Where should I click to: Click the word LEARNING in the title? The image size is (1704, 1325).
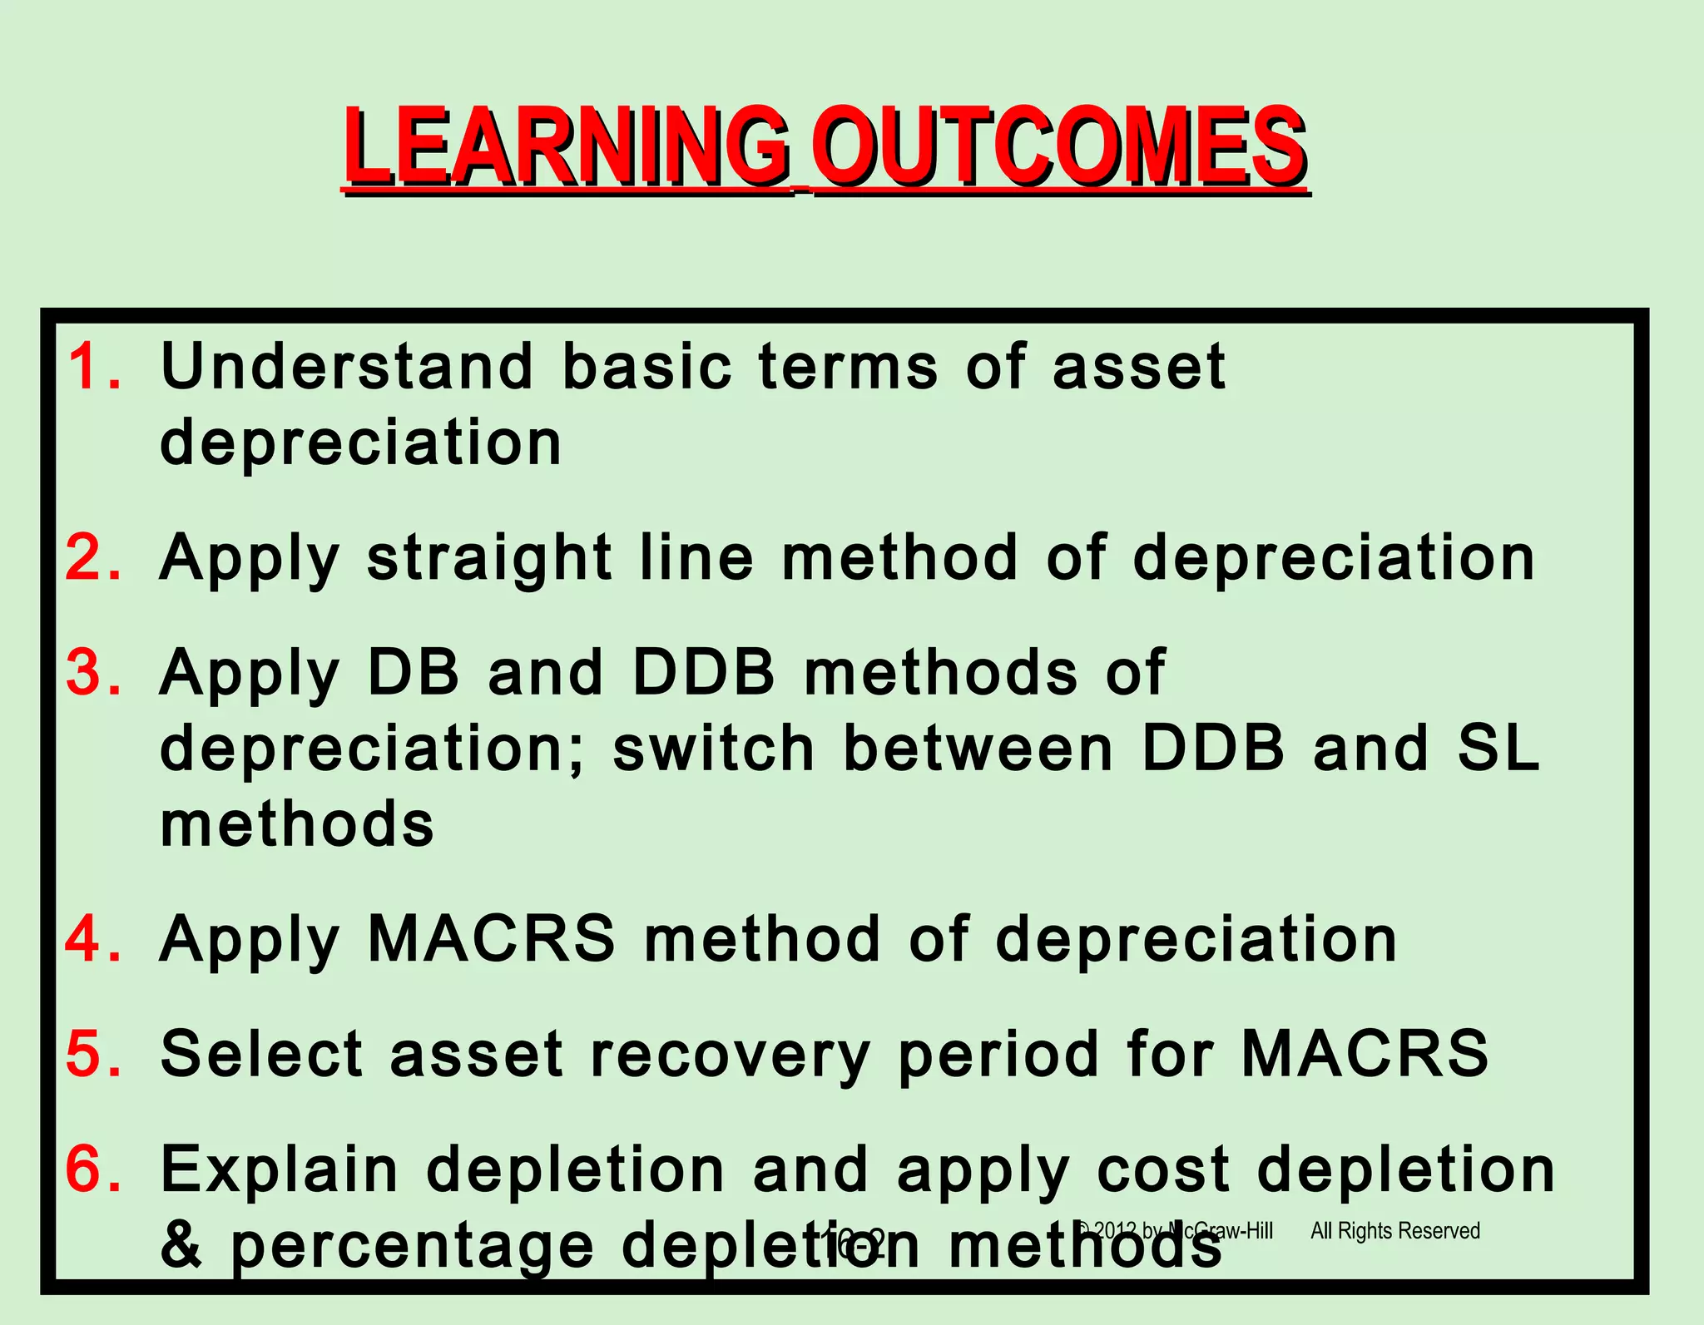coord(566,148)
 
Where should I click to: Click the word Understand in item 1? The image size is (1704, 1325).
coord(346,366)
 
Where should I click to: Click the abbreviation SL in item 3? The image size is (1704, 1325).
coord(1498,749)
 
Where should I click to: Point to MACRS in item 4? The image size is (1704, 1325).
coord(491,938)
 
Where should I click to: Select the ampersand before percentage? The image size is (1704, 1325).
coord(181,1245)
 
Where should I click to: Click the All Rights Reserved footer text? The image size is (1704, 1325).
coord(1394,1230)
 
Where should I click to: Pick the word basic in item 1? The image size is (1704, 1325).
coord(646,366)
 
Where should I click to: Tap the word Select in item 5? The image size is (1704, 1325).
coord(261,1053)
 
